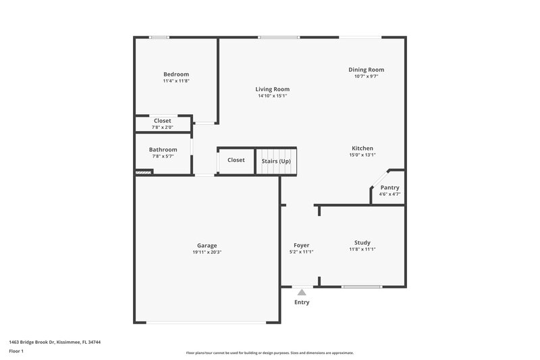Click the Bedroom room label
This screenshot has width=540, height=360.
click(x=175, y=74)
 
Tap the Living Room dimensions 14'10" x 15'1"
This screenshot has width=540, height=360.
click(x=272, y=96)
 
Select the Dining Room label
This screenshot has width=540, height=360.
click(x=366, y=70)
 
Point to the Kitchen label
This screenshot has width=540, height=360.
click(x=362, y=149)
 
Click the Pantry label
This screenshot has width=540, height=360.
click(x=389, y=188)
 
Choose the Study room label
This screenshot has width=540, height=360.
click(x=362, y=243)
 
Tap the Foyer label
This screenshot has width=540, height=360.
click(x=301, y=245)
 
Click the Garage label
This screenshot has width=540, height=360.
click(x=207, y=245)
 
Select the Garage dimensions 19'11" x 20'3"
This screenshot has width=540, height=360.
click(x=207, y=252)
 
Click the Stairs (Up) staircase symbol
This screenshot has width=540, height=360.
click(x=276, y=161)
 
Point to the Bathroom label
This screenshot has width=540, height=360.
click(x=163, y=150)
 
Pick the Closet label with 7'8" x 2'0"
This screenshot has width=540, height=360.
click(x=162, y=121)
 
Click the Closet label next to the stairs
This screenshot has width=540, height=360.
click(x=236, y=160)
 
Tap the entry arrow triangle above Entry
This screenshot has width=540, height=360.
click(x=302, y=292)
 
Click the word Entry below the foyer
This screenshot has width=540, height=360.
click(x=302, y=302)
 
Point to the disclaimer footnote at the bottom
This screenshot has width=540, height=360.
click(x=269, y=353)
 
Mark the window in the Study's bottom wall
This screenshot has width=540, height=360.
click(x=362, y=287)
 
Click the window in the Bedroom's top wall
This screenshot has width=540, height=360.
click(x=159, y=37)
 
